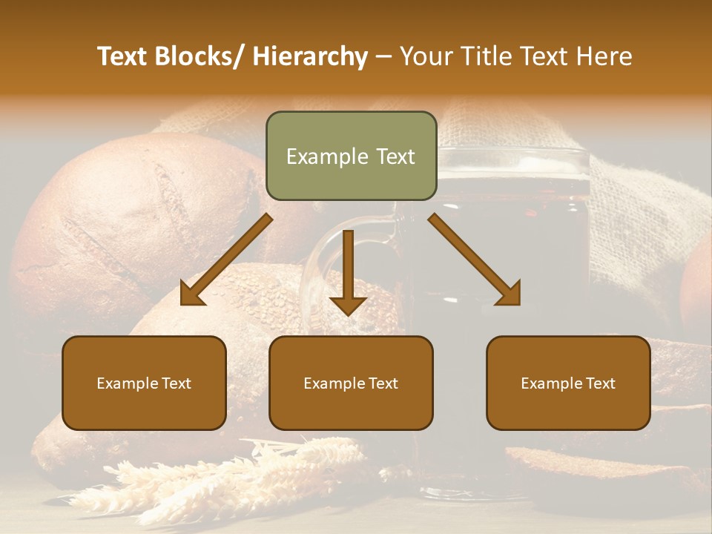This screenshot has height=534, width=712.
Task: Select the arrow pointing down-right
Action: (x=475, y=260)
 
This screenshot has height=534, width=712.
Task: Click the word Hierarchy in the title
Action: (x=310, y=56)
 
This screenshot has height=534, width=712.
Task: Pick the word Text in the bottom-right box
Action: (x=600, y=383)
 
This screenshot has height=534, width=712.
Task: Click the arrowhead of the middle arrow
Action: (x=348, y=304)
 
